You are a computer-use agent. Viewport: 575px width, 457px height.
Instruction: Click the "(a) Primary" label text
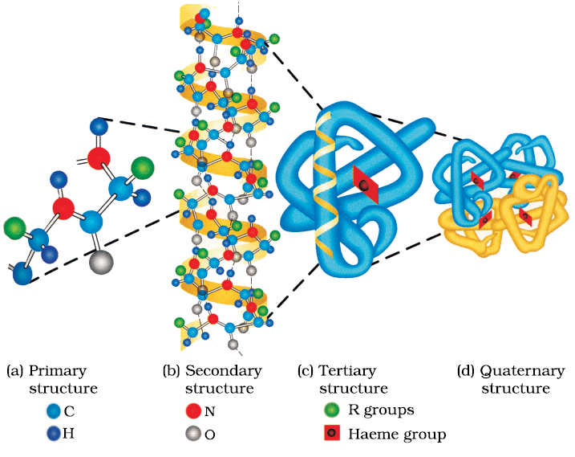(x=46, y=370)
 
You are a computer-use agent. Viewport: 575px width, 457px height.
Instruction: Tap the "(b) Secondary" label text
(x=212, y=370)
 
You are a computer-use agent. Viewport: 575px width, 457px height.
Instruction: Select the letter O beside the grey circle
(x=209, y=434)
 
